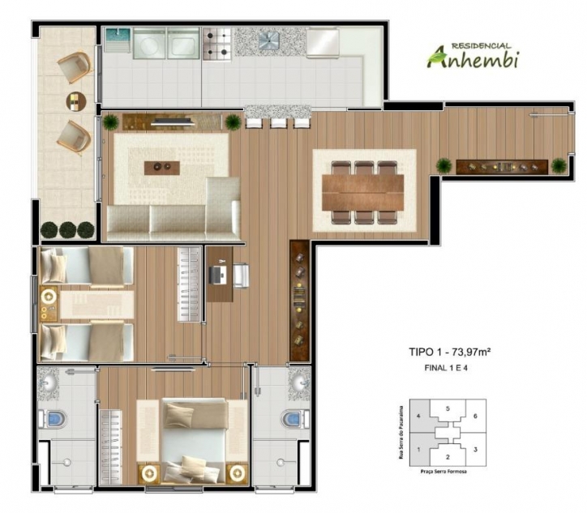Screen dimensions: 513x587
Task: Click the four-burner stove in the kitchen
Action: [x=217, y=44]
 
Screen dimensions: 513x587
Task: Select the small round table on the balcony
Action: [x=75, y=100]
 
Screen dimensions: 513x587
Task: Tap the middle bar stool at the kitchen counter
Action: [x=279, y=123]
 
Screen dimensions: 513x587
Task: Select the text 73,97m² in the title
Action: [x=473, y=353]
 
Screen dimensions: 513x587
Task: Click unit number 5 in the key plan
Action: [x=448, y=409]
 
